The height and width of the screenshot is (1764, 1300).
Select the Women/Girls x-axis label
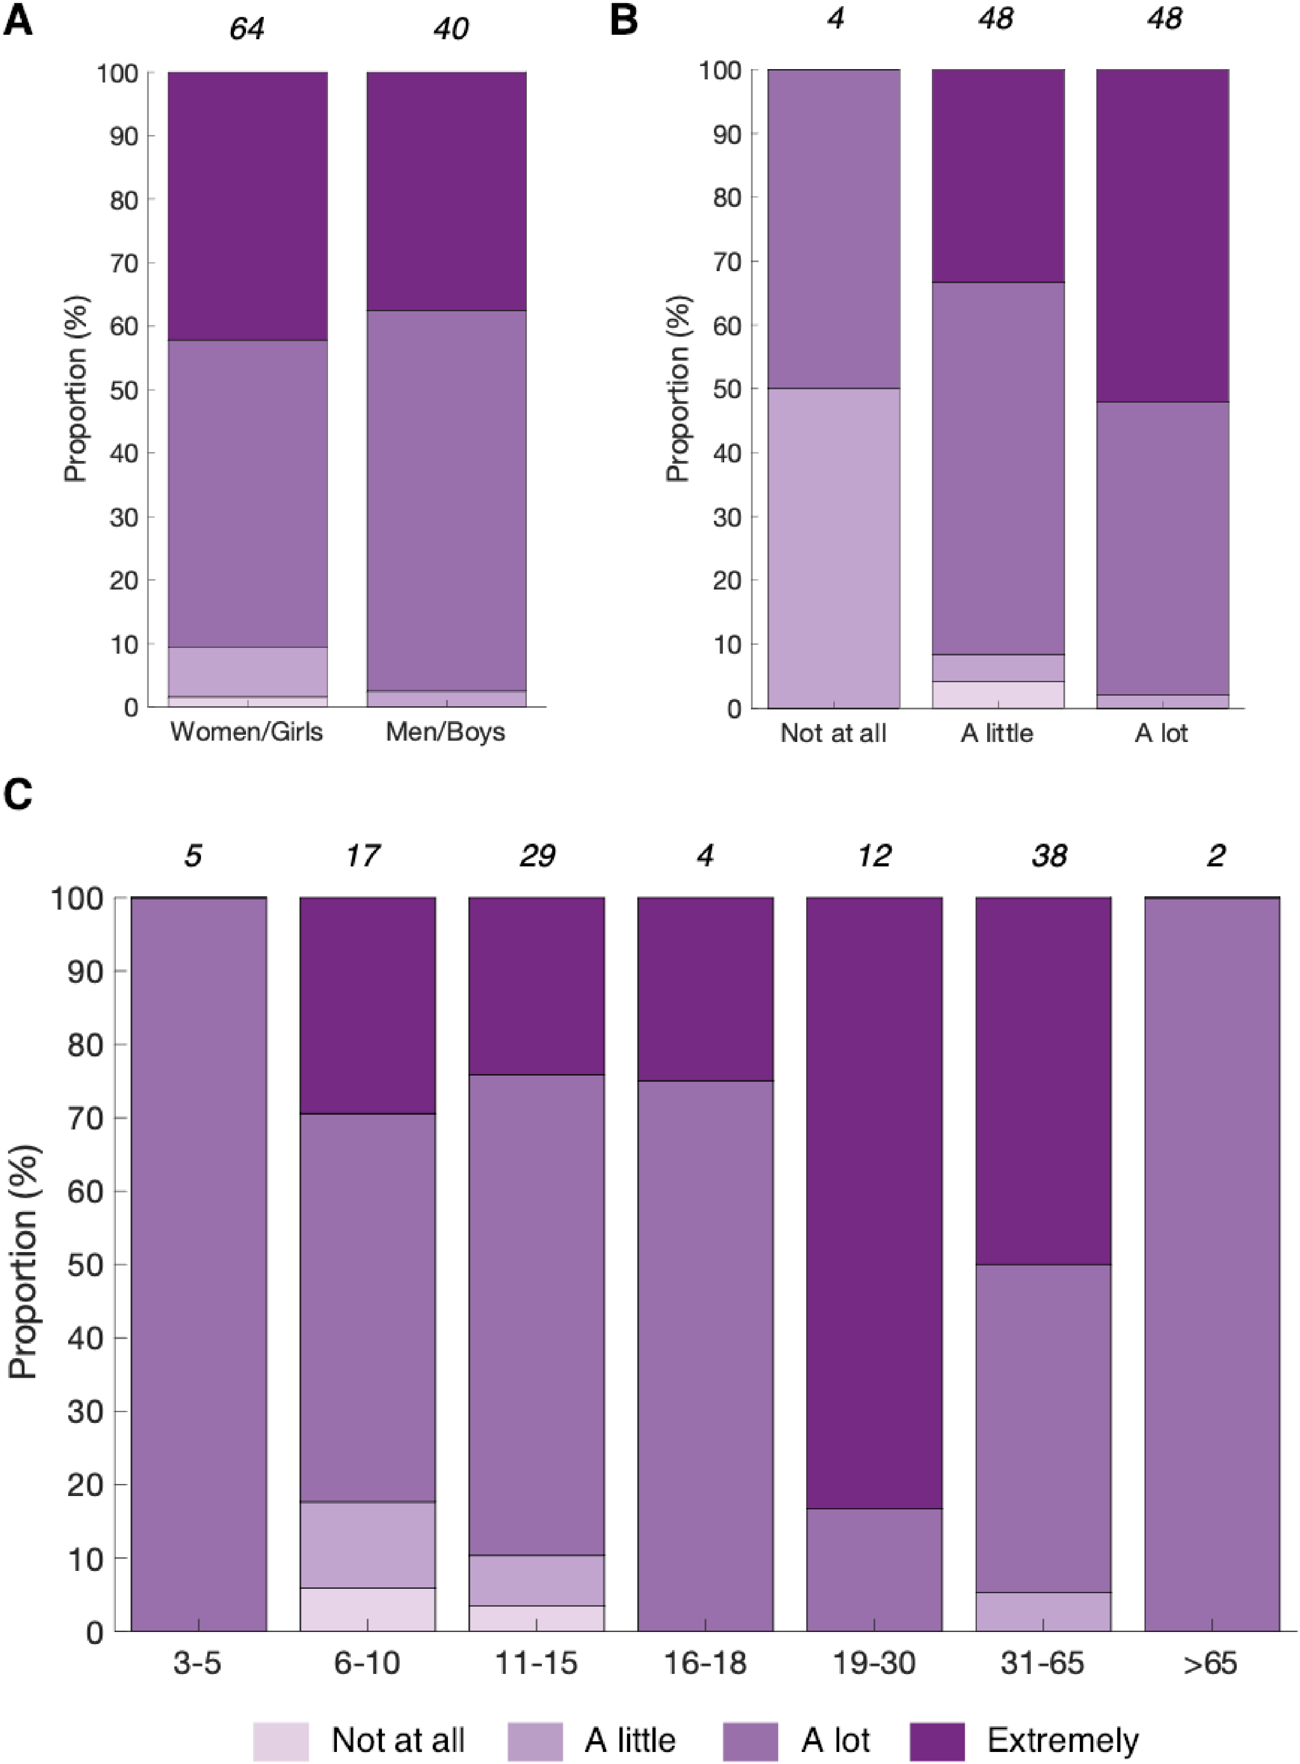click(x=246, y=732)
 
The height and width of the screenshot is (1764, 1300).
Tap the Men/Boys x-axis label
click(x=445, y=732)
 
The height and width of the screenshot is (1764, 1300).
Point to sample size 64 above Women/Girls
click(x=247, y=29)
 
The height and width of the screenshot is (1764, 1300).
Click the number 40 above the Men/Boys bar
click(x=450, y=29)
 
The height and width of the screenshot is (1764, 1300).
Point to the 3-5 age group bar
click(x=198, y=1259)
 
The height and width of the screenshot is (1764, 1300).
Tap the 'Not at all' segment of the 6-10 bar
click(x=368, y=1608)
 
